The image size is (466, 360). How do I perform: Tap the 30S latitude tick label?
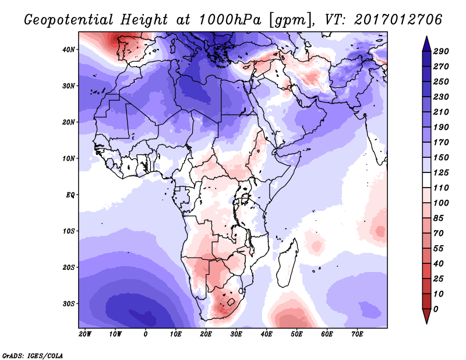click(x=69, y=303)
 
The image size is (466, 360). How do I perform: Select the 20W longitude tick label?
click(x=85, y=334)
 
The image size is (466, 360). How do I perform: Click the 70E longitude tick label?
click(x=358, y=334)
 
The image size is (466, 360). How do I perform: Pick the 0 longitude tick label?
click(x=146, y=334)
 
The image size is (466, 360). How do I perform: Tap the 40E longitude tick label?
click(x=267, y=334)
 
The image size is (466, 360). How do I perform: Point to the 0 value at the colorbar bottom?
click(x=436, y=308)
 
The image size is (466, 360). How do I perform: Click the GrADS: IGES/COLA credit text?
click(x=33, y=355)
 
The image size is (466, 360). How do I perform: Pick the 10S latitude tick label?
click(x=69, y=231)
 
